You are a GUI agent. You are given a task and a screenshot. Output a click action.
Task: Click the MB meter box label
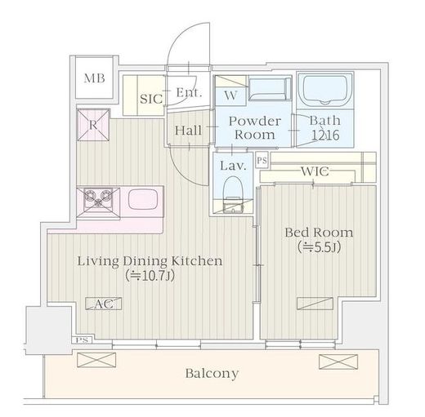(x=94, y=78)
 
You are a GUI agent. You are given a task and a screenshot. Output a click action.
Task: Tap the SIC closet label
(x=151, y=99)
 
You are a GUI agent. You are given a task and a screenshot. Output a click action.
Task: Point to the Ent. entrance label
(x=189, y=92)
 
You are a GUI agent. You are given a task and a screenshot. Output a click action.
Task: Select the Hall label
(x=188, y=131)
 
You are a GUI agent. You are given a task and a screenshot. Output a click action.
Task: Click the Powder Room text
(x=255, y=128)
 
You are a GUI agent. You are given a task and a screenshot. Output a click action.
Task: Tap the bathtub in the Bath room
(x=325, y=89)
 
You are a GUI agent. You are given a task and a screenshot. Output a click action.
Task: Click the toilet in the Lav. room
(x=233, y=193)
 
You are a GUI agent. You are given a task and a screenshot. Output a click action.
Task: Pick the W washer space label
(x=230, y=95)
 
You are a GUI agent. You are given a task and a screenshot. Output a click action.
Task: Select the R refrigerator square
(x=93, y=125)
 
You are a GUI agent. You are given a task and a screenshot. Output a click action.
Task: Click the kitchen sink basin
(x=143, y=199)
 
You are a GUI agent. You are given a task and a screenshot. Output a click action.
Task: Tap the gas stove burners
(x=98, y=198)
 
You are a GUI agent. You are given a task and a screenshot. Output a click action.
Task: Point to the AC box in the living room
(x=104, y=304)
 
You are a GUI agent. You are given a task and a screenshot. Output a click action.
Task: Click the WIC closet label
(x=315, y=171)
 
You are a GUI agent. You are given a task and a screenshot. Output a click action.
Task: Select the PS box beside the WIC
(x=262, y=161)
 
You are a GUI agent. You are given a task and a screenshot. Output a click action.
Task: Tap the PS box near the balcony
(x=82, y=340)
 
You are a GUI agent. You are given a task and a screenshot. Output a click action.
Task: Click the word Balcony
(x=212, y=374)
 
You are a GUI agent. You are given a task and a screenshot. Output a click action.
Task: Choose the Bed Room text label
(x=319, y=233)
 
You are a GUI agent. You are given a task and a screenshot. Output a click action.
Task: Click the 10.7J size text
(x=150, y=276)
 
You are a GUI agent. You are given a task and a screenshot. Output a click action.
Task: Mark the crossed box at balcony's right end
(x=338, y=362)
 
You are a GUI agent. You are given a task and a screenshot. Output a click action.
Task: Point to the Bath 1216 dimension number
(x=325, y=135)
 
